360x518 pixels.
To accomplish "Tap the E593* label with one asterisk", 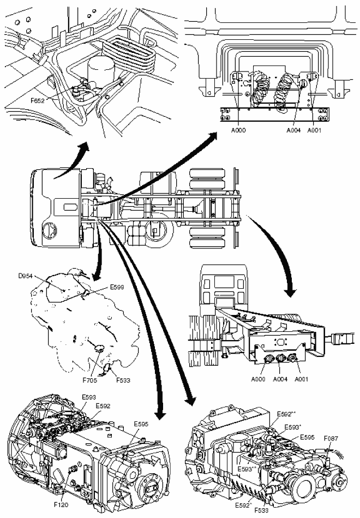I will point(296,427).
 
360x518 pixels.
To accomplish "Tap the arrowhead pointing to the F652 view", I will point(84,145).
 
